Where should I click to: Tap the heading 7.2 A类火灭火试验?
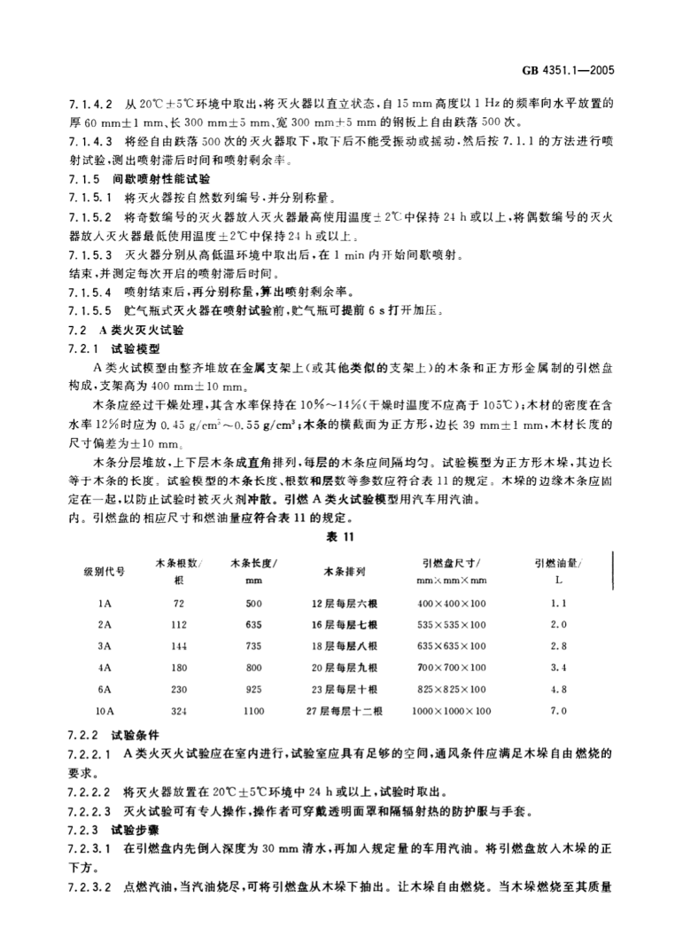click(x=126, y=328)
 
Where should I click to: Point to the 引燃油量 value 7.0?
click(x=557, y=710)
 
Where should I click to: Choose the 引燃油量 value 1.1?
click(x=557, y=602)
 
